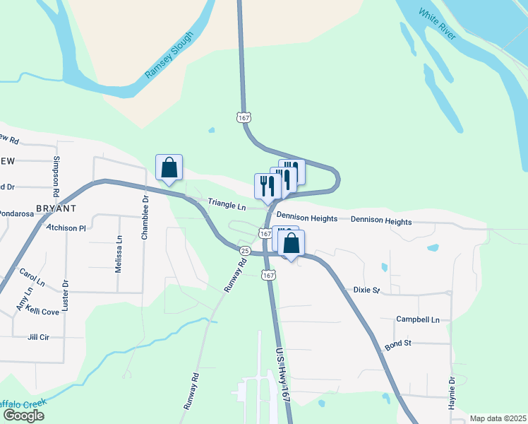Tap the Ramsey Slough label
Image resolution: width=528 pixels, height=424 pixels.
click(x=169, y=55)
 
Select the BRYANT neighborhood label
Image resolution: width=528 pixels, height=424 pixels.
click(x=56, y=209)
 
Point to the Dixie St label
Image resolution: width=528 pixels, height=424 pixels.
click(x=366, y=290)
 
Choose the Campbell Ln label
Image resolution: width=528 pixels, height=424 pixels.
click(x=418, y=319)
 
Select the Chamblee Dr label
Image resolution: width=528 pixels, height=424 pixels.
click(x=145, y=218)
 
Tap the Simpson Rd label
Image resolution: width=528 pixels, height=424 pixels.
click(x=56, y=177)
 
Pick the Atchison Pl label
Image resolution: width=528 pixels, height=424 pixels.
click(x=66, y=228)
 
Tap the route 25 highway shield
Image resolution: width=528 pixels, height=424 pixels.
click(x=245, y=251)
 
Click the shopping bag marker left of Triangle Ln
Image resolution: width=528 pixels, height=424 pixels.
click(x=169, y=168)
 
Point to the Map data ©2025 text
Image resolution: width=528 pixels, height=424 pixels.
click(x=498, y=418)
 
